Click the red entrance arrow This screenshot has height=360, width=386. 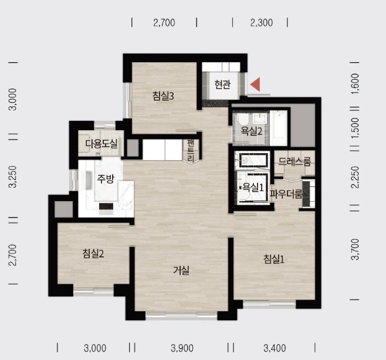click(x=256, y=84)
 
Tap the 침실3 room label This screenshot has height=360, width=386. click(x=163, y=96)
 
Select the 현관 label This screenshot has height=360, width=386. click(x=222, y=84)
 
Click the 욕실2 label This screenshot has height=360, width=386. click(x=251, y=131)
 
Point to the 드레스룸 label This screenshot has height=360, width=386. click(x=294, y=161)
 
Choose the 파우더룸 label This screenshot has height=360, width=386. click(x=286, y=194)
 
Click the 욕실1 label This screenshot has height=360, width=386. click(x=253, y=188)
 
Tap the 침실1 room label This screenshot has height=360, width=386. click(x=274, y=259)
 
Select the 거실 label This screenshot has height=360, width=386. click(x=181, y=270)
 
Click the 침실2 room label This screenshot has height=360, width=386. click(x=93, y=253)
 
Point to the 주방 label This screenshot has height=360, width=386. click(x=106, y=179)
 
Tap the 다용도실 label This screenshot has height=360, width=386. click(x=101, y=144)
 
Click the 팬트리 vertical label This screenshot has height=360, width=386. click(x=191, y=151)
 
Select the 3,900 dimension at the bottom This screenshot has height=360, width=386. click(x=182, y=348)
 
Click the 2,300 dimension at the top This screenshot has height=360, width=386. click(x=262, y=23)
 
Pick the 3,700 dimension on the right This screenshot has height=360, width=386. click(x=355, y=249)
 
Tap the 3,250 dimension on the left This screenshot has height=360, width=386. click(x=13, y=176)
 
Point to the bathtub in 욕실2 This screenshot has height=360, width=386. click(x=279, y=128)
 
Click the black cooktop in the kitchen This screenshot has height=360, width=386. click(x=106, y=206)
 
